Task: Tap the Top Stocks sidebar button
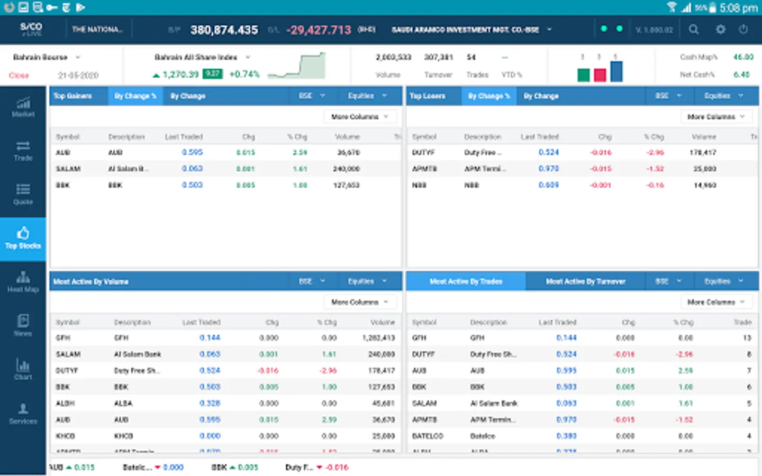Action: pos(23,239)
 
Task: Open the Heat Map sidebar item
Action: pos(23,282)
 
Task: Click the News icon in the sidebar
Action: pos(23,325)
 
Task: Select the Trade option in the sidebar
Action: pos(23,151)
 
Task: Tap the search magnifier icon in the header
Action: pos(694,30)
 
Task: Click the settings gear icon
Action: pos(720,30)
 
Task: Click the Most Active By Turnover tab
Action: pos(585,281)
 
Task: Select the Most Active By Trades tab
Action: pos(466,281)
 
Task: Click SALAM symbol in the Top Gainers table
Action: pos(68,169)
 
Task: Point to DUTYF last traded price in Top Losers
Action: pos(549,152)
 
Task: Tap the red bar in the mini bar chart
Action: pos(600,75)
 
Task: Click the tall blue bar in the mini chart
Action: pos(616,71)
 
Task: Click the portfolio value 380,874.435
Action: pos(224,30)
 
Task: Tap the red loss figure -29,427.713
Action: pos(319,30)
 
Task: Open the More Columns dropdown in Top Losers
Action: pos(715,116)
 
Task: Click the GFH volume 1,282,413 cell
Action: pos(378,337)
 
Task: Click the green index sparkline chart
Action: pos(297,66)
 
